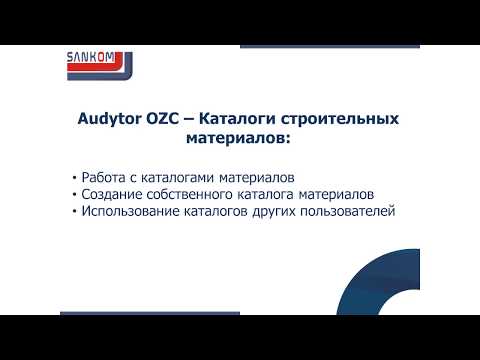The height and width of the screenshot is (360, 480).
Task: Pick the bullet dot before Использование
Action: (76, 213)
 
